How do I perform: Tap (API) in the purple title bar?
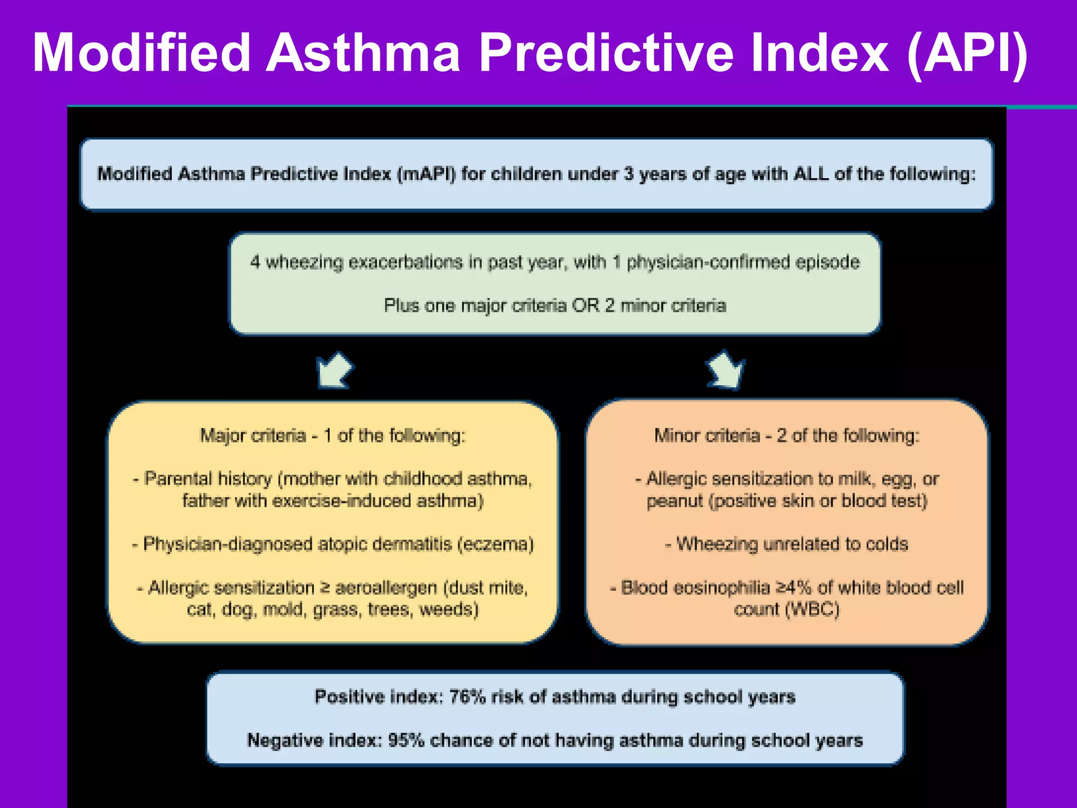(x=968, y=53)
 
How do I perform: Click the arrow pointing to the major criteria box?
(x=334, y=370)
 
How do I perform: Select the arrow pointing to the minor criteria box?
(x=726, y=370)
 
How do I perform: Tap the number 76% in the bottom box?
(x=467, y=696)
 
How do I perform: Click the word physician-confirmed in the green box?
(x=708, y=261)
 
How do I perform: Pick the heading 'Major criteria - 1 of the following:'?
(x=333, y=436)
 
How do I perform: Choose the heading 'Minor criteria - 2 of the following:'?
(x=787, y=436)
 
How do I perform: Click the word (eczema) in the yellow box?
(x=495, y=543)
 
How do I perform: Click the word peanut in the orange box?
(x=675, y=501)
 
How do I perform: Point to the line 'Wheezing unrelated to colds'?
(x=787, y=543)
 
